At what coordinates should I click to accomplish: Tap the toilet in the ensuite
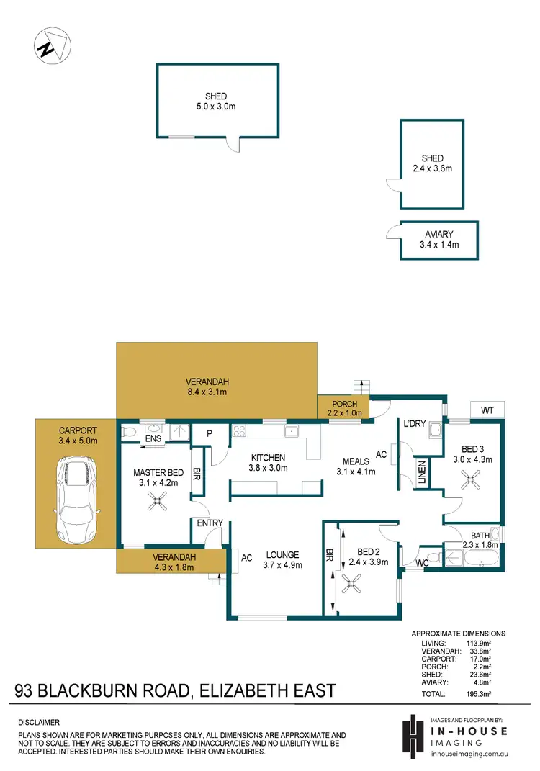pos(128,433)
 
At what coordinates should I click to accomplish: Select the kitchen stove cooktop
pos(238,432)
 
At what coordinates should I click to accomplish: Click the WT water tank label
pos(487,410)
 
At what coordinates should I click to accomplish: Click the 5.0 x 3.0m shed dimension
pos(216,107)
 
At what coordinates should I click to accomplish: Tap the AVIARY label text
pos(439,235)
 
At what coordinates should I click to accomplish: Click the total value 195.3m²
pos(477,695)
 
